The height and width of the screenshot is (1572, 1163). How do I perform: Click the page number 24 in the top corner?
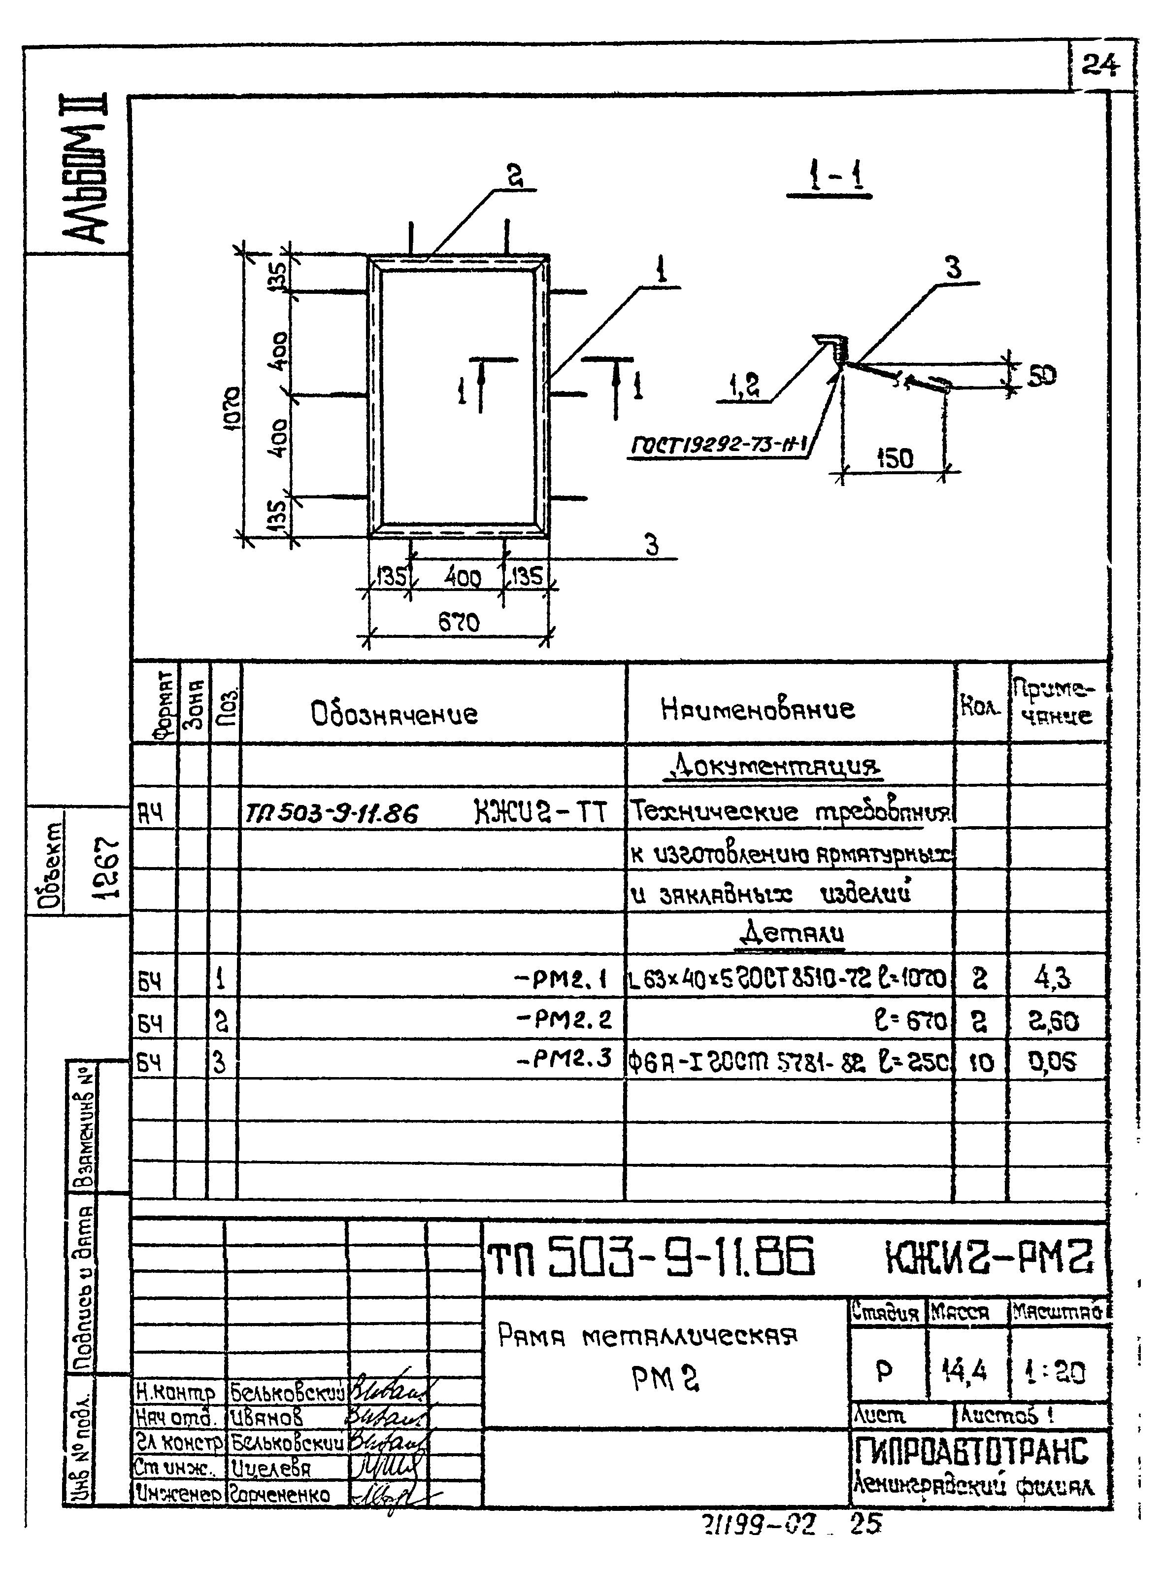[1099, 66]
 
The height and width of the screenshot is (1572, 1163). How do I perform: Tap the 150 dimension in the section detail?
[896, 458]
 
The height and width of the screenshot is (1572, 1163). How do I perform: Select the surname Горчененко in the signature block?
[280, 1495]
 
